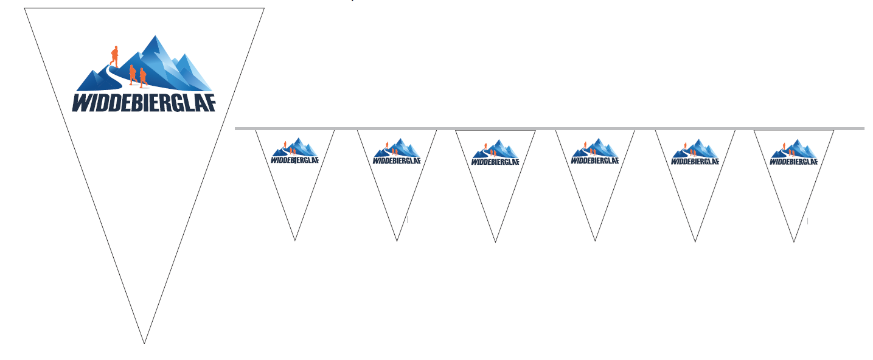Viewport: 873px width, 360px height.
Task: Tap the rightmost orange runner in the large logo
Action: pos(143,78)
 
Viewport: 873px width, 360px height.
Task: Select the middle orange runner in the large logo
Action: pos(133,75)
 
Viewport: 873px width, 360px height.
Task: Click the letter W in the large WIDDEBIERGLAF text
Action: pos(83,103)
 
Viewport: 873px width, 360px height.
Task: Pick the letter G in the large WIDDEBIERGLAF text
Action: pos(176,103)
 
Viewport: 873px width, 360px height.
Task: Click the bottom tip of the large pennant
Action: pos(144,343)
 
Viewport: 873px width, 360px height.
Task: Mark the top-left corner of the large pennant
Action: pos(24,8)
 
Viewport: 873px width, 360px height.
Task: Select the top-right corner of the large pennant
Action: pos(264,8)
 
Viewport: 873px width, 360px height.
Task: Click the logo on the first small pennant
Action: pos(294,151)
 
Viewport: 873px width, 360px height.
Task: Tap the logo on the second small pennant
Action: pos(397,151)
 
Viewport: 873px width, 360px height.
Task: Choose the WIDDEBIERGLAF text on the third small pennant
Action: pos(495,162)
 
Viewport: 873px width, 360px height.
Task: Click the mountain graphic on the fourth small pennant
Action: pos(595,148)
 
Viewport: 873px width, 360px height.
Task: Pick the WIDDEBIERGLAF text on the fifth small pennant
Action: pos(695,161)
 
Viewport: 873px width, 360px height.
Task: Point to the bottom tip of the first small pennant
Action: pos(295,240)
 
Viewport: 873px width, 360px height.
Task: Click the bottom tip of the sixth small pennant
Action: pos(794,242)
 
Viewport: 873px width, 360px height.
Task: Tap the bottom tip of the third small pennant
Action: pos(495,242)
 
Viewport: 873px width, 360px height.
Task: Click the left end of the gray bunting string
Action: pos(235,128)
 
